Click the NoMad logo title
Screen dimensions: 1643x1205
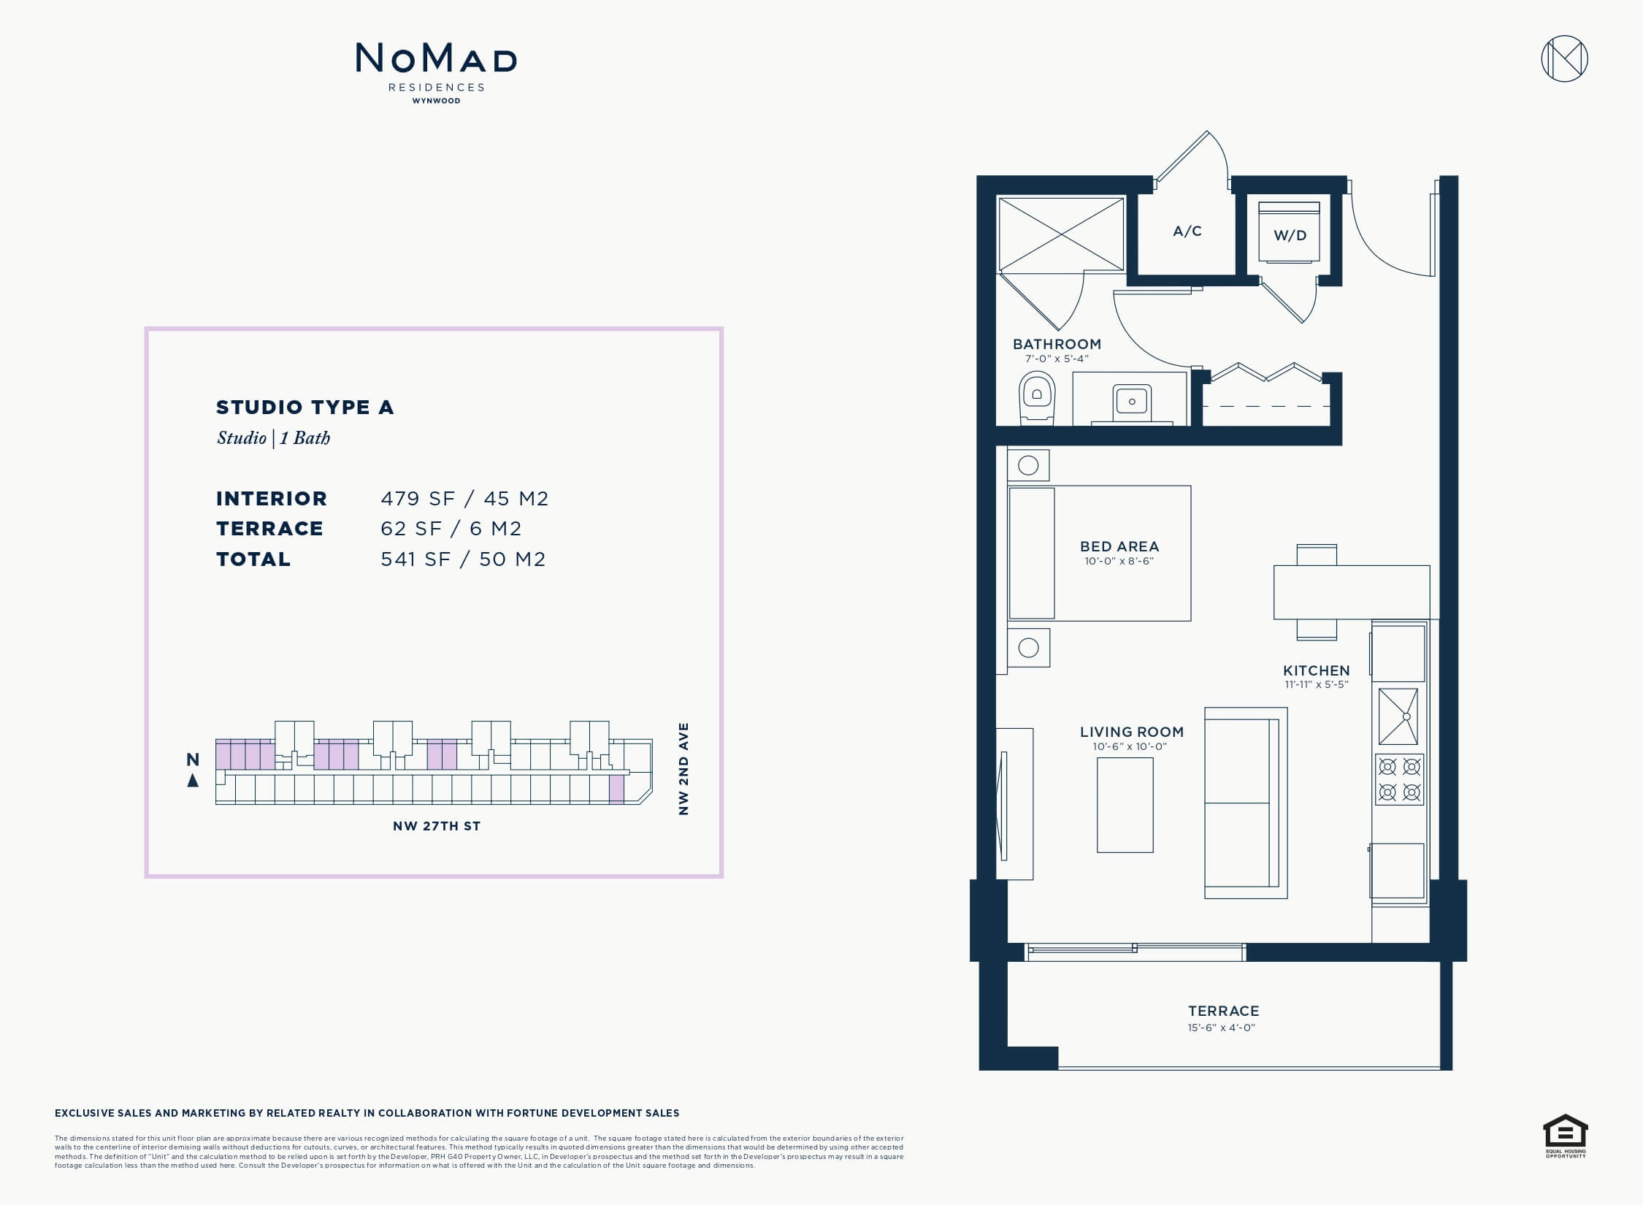(436, 58)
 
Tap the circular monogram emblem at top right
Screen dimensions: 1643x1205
(1564, 58)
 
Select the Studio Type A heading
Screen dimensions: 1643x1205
(305, 408)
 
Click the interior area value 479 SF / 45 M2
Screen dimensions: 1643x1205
(464, 499)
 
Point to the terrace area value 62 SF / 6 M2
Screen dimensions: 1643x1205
(451, 529)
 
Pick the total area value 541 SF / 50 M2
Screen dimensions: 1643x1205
(463, 559)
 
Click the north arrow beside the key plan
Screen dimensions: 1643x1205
(193, 780)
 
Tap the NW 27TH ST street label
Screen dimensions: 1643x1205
(437, 826)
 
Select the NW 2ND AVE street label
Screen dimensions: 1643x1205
(683, 769)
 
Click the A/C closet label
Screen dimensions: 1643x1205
(1187, 232)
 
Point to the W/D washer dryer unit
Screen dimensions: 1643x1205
(1290, 232)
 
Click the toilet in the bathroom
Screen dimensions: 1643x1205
(1036, 399)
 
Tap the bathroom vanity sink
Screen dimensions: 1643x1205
(1132, 402)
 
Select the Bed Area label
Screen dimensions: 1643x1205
(1119, 546)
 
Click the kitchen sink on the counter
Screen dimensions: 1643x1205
(1398, 716)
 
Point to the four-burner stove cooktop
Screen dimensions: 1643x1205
(1399, 779)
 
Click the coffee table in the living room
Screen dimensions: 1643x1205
(1125, 805)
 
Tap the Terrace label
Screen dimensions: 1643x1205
(1223, 1011)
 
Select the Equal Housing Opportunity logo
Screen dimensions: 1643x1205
(1566, 1136)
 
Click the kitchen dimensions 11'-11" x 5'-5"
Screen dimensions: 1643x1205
(1316, 685)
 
